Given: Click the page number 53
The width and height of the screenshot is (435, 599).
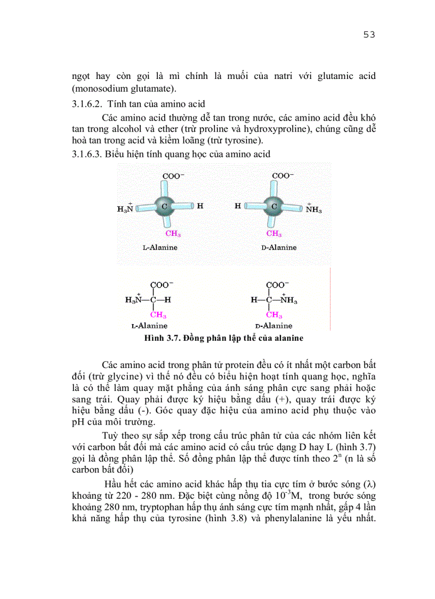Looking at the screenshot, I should click(369, 35).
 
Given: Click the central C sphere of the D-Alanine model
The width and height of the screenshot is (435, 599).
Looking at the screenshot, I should click(274, 206).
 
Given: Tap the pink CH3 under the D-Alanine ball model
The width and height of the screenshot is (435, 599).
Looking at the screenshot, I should click(274, 234).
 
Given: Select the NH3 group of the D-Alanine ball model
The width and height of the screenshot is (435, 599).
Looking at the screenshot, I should click(313, 209).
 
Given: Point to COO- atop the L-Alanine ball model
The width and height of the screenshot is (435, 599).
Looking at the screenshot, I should click(174, 175).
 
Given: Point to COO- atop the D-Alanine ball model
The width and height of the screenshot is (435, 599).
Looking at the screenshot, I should click(283, 175).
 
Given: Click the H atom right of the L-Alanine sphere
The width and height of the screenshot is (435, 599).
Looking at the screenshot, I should click(200, 205).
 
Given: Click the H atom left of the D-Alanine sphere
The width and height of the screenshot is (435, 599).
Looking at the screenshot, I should click(238, 205).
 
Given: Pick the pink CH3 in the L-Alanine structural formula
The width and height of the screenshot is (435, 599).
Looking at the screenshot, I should click(158, 315).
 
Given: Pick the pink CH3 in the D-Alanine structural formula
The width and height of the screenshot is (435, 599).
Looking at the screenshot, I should click(274, 315).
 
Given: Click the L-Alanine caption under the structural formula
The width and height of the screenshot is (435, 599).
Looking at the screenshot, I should click(149, 325).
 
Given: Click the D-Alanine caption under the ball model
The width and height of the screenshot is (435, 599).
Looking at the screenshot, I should click(279, 247).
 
